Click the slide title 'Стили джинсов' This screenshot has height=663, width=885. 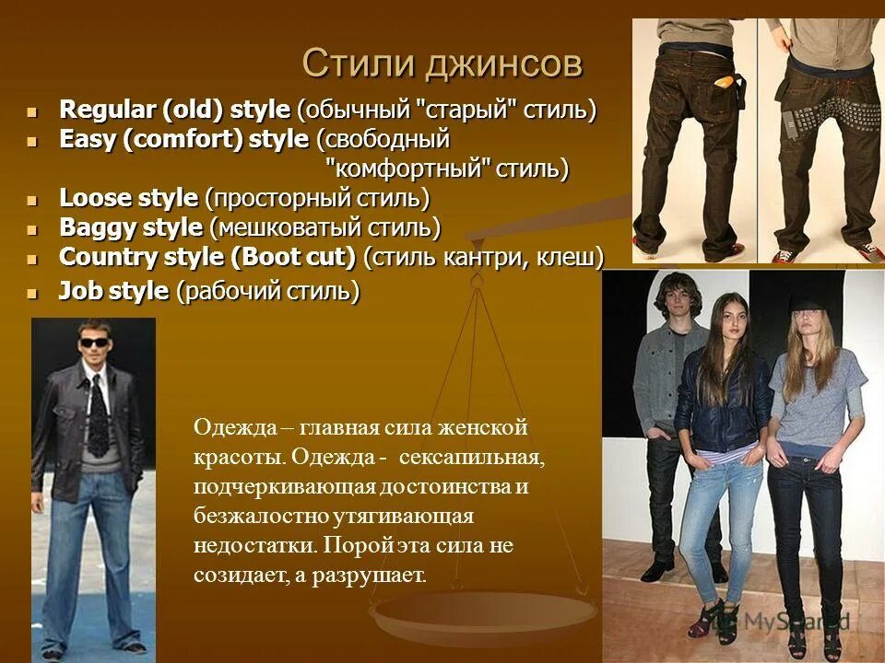pyautogui.click(x=442, y=64)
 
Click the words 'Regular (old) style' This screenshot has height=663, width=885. pyautogui.click(x=175, y=110)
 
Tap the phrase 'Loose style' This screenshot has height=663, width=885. pyautogui.click(x=128, y=198)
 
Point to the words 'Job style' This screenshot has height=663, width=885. pyautogui.click(x=113, y=292)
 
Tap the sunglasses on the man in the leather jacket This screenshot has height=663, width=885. pyautogui.click(x=93, y=343)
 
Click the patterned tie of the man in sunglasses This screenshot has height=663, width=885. pyautogui.click(x=97, y=414)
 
